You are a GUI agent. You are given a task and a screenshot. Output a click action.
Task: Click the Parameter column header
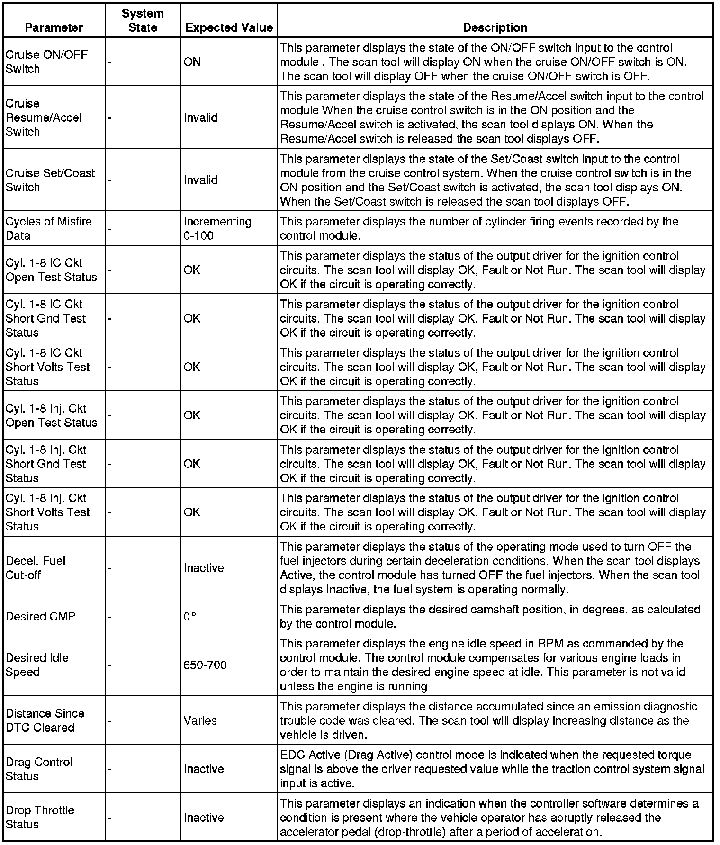[x=54, y=27]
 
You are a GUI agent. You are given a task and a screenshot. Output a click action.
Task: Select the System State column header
[x=143, y=20]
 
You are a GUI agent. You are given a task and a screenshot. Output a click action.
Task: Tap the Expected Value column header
[x=229, y=27]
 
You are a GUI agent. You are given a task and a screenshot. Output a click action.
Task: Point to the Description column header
[x=495, y=27]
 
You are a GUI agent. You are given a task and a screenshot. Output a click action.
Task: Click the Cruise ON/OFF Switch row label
[x=46, y=62]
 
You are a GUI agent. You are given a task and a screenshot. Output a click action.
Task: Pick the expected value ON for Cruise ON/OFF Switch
[x=192, y=62]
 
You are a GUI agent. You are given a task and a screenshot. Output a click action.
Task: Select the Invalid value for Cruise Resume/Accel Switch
[x=201, y=117]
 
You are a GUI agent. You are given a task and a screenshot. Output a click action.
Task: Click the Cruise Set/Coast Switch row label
[x=50, y=180]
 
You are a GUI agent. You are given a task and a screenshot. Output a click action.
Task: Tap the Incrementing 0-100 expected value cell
[x=217, y=228]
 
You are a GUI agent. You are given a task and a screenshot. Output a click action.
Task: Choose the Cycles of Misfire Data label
[x=48, y=228]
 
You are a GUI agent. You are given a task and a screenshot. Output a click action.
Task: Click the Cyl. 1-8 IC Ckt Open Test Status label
[x=51, y=270]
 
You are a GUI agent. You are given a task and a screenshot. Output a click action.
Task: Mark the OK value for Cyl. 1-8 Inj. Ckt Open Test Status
[x=192, y=415]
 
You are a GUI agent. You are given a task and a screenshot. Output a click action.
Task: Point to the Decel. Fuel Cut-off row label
[x=36, y=567]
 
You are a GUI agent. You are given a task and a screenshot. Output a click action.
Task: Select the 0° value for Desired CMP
[x=190, y=616]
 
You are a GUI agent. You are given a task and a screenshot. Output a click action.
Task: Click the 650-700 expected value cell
[x=205, y=665]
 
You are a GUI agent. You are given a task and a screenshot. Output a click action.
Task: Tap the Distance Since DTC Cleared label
[x=45, y=720]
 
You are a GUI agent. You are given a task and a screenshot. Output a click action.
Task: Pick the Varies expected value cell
[x=200, y=720]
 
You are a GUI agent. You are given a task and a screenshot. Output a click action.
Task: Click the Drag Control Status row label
[x=39, y=769]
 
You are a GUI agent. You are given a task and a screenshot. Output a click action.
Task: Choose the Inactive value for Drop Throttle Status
[x=204, y=818]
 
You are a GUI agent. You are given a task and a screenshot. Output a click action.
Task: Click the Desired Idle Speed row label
[x=37, y=665]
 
